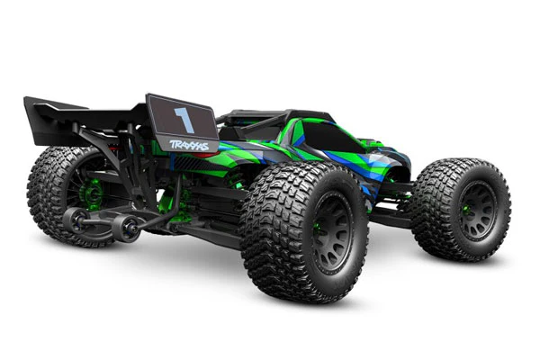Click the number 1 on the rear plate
click(185, 120)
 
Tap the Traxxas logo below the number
click(189, 146)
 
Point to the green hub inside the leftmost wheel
click(91, 193)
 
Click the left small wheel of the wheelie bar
click(74, 219)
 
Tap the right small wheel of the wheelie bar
click(127, 228)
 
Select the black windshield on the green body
click(333, 137)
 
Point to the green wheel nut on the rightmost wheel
click(466, 210)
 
